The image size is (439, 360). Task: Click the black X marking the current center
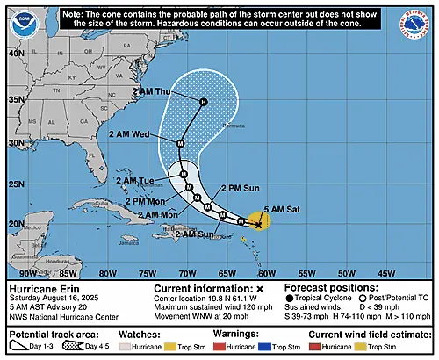click(258, 224)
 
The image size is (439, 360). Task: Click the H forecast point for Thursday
click(203, 104)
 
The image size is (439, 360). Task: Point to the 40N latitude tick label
click(15, 53)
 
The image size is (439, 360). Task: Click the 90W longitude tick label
click(17, 273)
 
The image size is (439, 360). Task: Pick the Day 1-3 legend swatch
click(24, 348)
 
